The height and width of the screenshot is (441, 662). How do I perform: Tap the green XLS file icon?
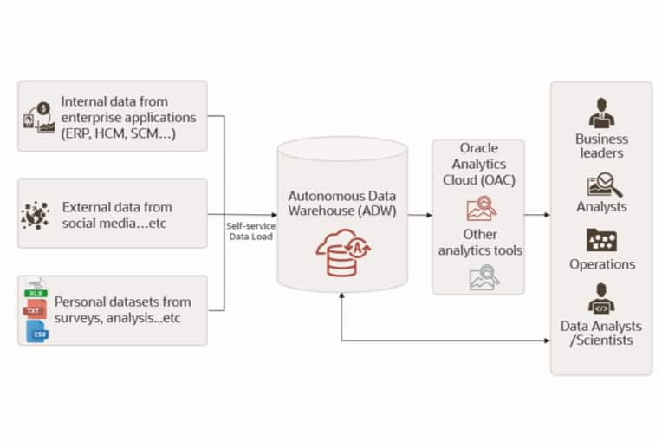click(34, 290)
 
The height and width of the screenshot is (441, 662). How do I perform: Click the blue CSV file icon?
click(36, 331)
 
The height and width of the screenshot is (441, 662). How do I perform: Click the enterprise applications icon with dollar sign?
click(36, 116)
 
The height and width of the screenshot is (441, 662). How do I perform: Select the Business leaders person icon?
click(601, 113)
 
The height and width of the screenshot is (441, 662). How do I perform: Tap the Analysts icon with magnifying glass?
click(601, 184)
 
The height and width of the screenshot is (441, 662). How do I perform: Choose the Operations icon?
click(601, 240)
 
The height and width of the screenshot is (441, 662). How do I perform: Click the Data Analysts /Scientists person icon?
click(601, 298)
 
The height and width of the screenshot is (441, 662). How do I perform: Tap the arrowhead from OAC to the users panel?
click(546, 214)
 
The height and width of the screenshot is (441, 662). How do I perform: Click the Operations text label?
click(601, 264)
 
